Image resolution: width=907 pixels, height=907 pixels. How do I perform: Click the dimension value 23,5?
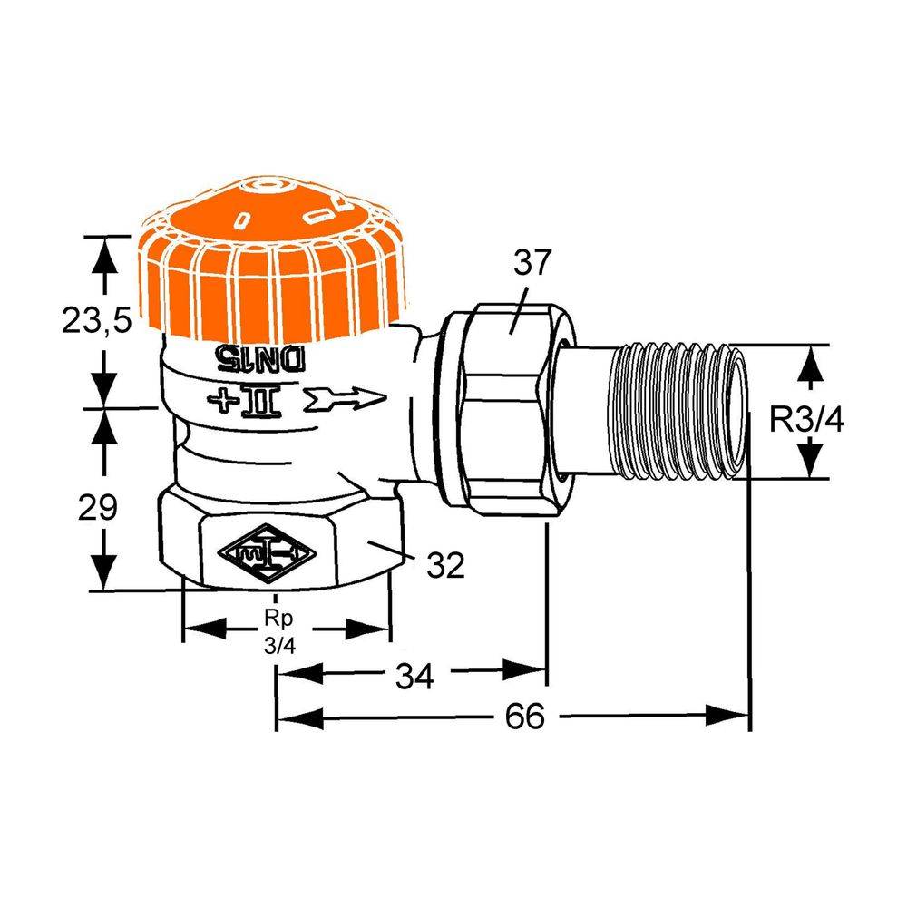pyautogui.click(x=97, y=320)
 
